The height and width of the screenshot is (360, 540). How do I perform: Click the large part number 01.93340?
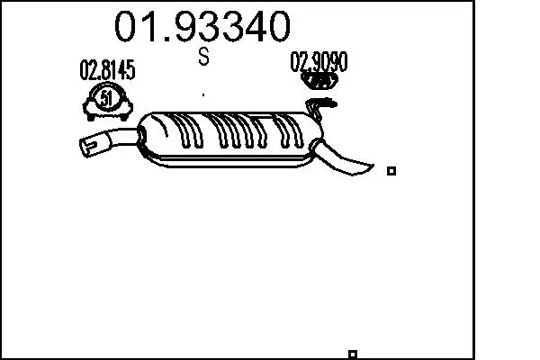(x=202, y=26)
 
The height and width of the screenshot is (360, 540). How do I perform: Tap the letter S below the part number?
(x=204, y=57)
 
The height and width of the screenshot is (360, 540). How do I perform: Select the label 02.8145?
(x=107, y=70)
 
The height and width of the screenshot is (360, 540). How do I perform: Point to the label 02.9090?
(x=319, y=62)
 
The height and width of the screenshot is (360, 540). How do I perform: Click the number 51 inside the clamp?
(x=105, y=99)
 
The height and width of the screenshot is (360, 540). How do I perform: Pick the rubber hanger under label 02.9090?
(x=319, y=81)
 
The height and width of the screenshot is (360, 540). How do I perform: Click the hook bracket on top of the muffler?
(x=319, y=107)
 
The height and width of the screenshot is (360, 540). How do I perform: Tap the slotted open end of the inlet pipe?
(x=89, y=146)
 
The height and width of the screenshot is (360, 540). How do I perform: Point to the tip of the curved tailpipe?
(x=373, y=166)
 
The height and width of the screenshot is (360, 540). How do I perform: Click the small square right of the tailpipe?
(x=391, y=171)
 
